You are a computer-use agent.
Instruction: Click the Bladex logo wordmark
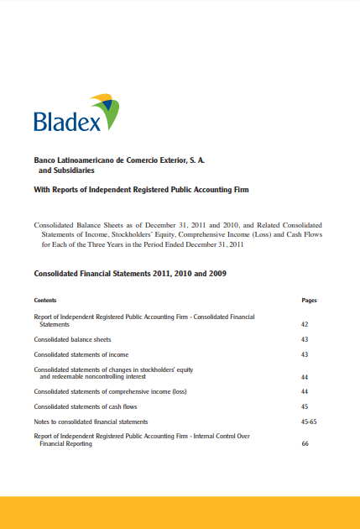(x=67, y=122)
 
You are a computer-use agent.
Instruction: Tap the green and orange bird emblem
(x=106, y=110)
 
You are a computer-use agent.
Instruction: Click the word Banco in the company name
(x=44, y=159)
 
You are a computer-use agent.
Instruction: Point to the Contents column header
(x=45, y=300)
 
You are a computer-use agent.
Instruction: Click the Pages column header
(x=309, y=300)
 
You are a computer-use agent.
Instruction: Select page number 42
(x=305, y=323)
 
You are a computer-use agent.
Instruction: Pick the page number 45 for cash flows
(x=305, y=407)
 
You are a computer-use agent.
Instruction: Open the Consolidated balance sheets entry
(x=72, y=339)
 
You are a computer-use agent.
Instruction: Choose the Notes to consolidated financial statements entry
(x=91, y=422)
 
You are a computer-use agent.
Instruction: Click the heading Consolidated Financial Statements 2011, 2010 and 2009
(x=130, y=274)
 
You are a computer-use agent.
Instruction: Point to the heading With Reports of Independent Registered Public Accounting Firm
(x=141, y=191)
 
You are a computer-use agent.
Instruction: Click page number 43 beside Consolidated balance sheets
(x=305, y=339)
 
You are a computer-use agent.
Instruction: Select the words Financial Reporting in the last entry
(x=66, y=443)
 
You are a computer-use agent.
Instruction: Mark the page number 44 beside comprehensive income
(x=305, y=392)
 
